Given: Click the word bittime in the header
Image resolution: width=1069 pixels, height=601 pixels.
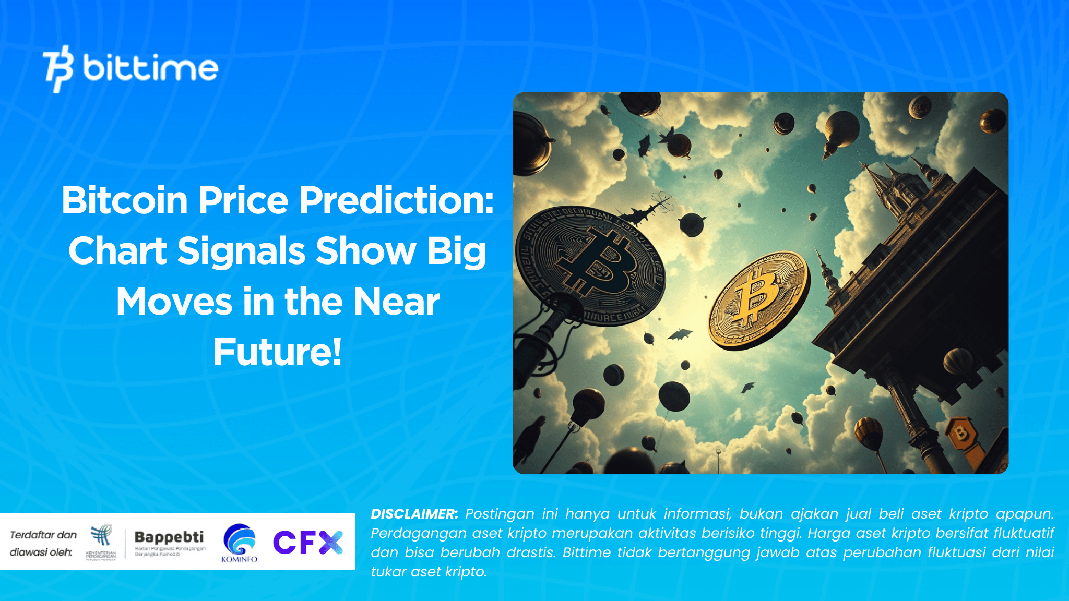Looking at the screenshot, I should point(150,68).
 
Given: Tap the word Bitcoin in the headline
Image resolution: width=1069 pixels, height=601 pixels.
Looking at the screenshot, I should point(124,200).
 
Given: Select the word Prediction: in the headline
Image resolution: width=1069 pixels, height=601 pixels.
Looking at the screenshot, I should point(396,200).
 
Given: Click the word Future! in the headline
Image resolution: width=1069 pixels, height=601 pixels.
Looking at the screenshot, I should point(277,352).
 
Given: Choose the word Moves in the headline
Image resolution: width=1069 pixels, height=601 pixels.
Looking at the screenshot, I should point(174,302).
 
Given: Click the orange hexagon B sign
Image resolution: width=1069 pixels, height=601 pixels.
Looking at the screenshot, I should point(960,432).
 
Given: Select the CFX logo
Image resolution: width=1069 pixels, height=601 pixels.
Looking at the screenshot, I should point(308,542).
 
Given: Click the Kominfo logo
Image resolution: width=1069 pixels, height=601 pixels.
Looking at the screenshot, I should point(240,543).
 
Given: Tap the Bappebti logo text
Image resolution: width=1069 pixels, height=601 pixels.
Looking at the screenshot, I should point(169,537).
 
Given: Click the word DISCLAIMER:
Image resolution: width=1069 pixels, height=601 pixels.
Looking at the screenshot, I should point(414,514).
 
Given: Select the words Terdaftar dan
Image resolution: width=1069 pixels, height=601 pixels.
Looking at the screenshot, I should point(43,535).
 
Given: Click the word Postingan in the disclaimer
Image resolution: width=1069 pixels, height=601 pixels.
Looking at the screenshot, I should point(500,514).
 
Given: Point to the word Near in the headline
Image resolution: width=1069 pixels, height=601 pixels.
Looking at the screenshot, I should point(396,302).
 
